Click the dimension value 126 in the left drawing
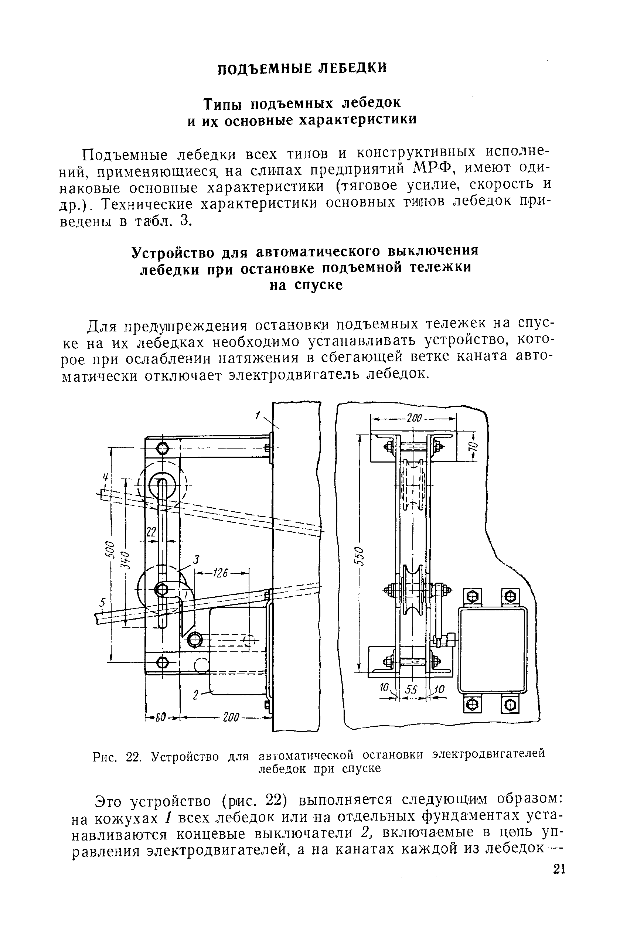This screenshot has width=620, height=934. pos(220,573)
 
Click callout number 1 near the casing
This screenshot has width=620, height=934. pos(258,415)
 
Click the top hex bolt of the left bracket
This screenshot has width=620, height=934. pos(163,449)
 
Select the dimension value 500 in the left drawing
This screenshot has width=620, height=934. pos(111,553)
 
